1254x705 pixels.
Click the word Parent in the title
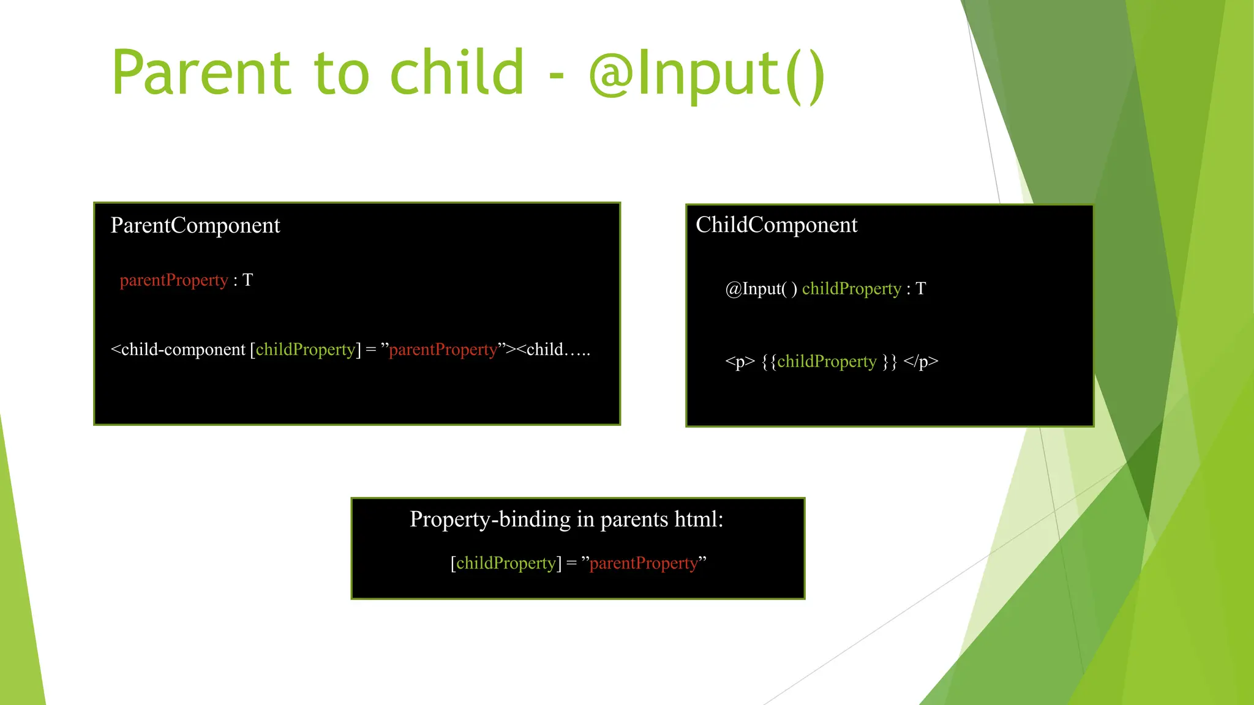[201, 73]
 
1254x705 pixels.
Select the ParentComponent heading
[195, 226]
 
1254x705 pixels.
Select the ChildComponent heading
[776, 225]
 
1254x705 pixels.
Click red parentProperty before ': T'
[174, 280]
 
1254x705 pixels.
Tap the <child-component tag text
[178, 349]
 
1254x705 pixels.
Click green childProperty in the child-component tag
[306, 349]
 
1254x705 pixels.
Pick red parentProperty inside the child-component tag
[443, 349]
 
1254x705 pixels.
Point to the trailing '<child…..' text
[554, 349]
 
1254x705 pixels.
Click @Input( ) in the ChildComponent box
[761, 289]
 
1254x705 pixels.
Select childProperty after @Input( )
[851, 289]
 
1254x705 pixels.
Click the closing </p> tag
[920, 362]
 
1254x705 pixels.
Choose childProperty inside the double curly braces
[827, 362]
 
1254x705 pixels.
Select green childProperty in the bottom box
[506, 563]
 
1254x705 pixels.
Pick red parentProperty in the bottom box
[644, 563]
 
